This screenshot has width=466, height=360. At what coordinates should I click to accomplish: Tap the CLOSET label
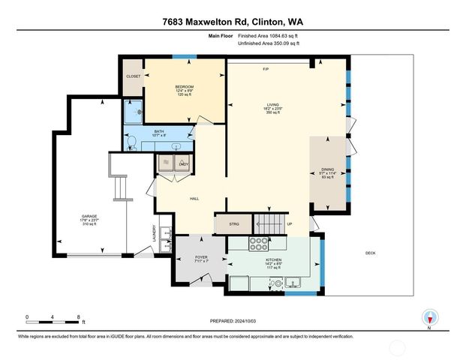[133, 76]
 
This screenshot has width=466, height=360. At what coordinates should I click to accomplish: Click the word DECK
[370, 253]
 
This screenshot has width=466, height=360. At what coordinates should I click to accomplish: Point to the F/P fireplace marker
[266, 70]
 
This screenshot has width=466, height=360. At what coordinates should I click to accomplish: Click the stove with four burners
[259, 243]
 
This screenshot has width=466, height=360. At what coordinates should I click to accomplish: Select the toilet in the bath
[132, 141]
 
